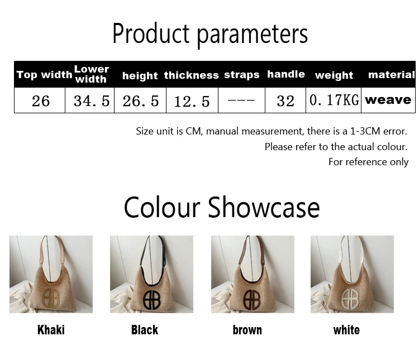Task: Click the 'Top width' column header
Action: pyautogui.click(x=44, y=74)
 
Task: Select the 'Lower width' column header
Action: pyautogui.click(x=92, y=74)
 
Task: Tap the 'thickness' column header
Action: pyautogui.click(x=191, y=75)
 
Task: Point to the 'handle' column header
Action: pyautogui.click(x=286, y=74)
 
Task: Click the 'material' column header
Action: pyautogui.click(x=392, y=75)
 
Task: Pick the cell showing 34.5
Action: pyautogui.click(x=92, y=101)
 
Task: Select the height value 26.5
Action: pyautogui.click(x=141, y=101)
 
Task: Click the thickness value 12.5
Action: pyautogui.click(x=192, y=102)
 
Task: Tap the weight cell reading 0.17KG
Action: pyautogui.click(x=334, y=100)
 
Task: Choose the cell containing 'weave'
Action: pyautogui.click(x=388, y=100)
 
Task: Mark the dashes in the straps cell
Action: pyautogui.click(x=241, y=100)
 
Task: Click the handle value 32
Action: pyautogui.click(x=285, y=101)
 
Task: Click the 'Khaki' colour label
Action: pyautogui.click(x=51, y=330)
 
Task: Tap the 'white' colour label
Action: pyautogui.click(x=346, y=330)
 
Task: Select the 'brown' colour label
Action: pyautogui.click(x=247, y=330)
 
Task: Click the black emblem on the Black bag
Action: pyautogui.click(x=151, y=300)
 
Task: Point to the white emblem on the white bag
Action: pyautogui.click(x=350, y=298)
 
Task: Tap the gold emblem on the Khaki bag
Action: pyautogui.click(x=51, y=298)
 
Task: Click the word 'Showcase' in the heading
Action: pyautogui.click(x=264, y=208)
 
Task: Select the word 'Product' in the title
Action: pyautogui.click(x=151, y=33)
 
